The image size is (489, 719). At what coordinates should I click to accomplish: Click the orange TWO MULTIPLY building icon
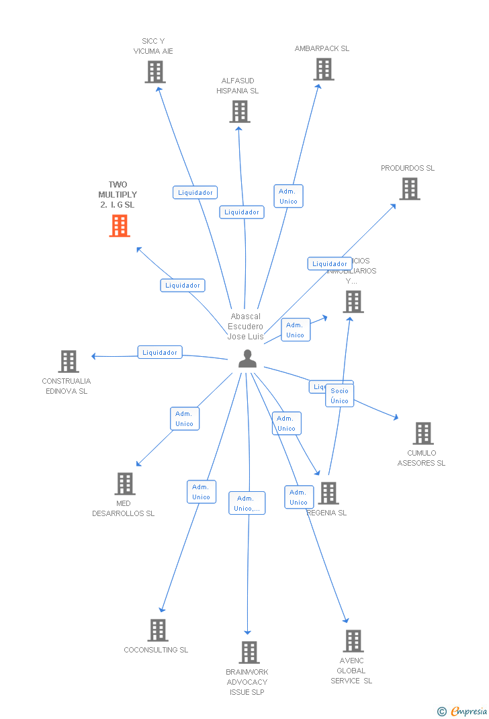[120, 226]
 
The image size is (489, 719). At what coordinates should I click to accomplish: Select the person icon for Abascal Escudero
[247, 359]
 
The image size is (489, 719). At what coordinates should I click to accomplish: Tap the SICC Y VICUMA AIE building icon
[155, 71]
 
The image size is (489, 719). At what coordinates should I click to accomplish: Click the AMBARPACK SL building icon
[324, 69]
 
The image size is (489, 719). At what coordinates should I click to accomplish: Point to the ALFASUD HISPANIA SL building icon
[240, 111]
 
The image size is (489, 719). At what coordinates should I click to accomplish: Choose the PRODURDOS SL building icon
[410, 189]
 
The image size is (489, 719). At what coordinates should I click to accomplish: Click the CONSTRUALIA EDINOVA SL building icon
[69, 361]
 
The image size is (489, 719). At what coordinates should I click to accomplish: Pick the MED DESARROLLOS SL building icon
[125, 483]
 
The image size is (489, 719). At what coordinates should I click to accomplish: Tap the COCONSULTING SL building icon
[158, 630]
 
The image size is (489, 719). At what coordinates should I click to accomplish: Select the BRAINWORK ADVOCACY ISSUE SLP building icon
[249, 652]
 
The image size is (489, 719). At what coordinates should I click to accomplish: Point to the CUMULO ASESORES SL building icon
[423, 433]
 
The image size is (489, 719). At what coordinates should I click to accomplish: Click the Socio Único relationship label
[339, 396]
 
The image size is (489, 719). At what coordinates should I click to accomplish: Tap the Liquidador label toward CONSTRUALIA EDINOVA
[160, 352]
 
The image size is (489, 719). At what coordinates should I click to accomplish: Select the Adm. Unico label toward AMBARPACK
[288, 196]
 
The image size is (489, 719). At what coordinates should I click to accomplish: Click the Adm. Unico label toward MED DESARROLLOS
[184, 419]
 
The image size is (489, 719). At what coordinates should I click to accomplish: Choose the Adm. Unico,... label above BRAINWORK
[247, 503]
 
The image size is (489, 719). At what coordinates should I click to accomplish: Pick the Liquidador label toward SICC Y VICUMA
[195, 193]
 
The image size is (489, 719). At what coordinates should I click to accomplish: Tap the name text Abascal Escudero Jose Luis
[245, 326]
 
